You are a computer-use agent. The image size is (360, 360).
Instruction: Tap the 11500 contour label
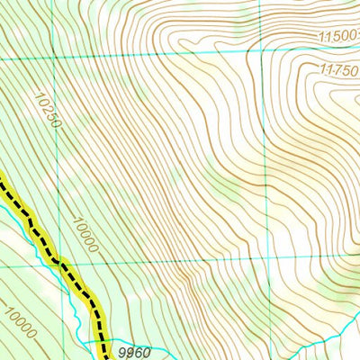coord(338,36)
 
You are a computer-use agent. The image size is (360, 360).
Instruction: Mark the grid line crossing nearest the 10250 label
coord(54,58)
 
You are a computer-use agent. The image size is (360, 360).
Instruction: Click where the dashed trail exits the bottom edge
coord(105,358)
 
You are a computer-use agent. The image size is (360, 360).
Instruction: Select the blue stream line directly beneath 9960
coord(135,349)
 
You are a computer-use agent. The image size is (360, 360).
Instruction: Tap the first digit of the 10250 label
coord(40,95)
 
